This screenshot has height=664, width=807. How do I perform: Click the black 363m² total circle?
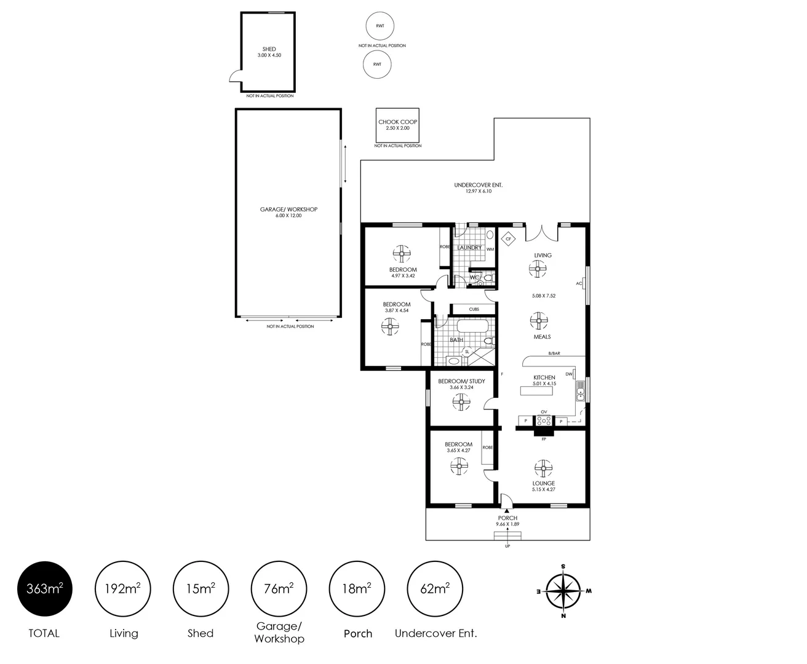pos(45,589)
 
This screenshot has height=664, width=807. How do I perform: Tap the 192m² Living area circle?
pos(123,589)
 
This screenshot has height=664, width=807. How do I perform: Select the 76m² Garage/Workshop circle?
pos(279,589)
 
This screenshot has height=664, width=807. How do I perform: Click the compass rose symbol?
pos(563,591)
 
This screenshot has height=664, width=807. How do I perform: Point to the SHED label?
pos(269,49)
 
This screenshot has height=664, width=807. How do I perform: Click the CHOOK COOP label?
pos(397,122)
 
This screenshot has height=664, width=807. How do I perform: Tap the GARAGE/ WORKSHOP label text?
pos(288,210)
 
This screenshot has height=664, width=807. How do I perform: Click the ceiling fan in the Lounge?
pos(543,469)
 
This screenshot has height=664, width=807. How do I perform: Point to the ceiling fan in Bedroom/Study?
pos(461,402)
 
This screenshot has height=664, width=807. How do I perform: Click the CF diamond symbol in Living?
pos(508,239)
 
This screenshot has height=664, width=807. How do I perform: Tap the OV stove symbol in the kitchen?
pos(544,421)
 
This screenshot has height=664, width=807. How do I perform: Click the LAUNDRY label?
pos(469,248)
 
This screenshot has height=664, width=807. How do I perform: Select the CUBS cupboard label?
pos(474,309)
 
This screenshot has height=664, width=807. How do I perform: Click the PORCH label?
pos(507,518)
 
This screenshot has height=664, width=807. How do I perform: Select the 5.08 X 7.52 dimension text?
pos(544,296)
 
